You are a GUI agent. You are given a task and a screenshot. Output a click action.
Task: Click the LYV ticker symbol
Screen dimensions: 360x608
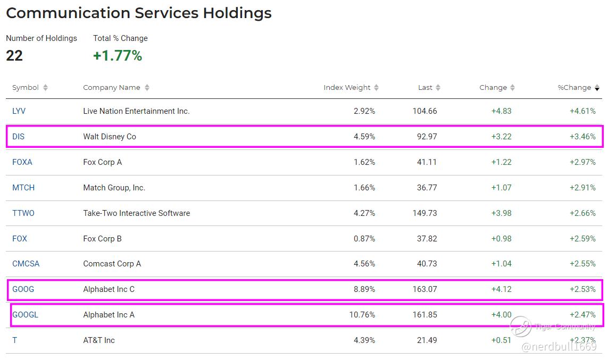[x=19, y=111]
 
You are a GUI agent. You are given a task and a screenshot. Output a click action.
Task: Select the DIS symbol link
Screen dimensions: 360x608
[x=19, y=137]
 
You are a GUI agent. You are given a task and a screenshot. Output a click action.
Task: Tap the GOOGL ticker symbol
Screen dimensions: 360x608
[x=26, y=315]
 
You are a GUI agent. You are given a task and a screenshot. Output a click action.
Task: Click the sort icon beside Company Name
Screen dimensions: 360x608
[x=147, y=88]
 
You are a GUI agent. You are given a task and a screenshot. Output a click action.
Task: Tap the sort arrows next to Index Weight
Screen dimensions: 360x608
[x=377, y=88]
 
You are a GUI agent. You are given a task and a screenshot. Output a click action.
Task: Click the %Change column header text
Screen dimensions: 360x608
[x=574, y=88]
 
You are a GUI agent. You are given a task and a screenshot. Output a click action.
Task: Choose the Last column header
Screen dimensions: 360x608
[x=425, y=88]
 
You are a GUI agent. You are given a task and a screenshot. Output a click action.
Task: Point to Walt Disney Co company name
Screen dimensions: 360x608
[x=110, y=137]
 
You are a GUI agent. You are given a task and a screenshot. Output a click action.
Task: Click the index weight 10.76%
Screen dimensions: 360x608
[x=362, y=315]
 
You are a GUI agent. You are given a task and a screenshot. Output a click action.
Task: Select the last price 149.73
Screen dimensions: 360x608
[x=424, y=213]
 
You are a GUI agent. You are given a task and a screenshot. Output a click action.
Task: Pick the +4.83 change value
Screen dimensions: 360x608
[x=501, y=111]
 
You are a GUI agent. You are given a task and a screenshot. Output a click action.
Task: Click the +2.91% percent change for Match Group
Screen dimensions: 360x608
[x=582, y=188]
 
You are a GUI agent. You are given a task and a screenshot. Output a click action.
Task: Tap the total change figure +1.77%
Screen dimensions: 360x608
[x=118, y=56]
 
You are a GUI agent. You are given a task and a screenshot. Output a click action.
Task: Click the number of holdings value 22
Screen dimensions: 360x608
[x=14, y=56]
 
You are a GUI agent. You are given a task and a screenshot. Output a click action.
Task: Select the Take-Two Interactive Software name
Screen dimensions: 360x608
[x=137, y=213]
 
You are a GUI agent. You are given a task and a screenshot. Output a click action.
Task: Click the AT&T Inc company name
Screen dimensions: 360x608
[x=99, y=340]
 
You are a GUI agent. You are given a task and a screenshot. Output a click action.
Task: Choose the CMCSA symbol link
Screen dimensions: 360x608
[x=26, y=264]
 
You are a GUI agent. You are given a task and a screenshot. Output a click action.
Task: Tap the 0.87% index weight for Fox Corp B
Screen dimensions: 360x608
[x=364, y=239]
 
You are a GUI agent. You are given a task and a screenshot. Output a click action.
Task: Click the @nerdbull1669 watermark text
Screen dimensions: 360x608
[x=559, y=347]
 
